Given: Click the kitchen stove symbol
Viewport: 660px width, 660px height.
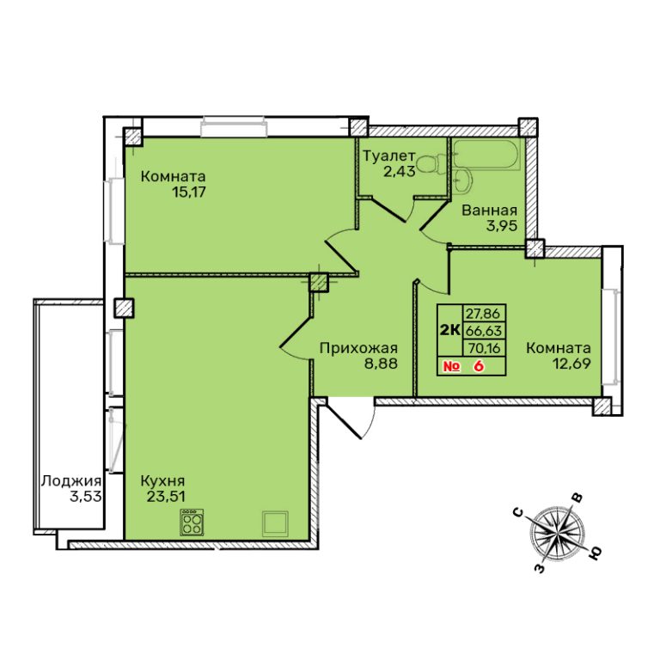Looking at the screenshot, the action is point(192,522).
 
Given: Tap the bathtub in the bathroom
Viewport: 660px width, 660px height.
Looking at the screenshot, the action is point(487,155).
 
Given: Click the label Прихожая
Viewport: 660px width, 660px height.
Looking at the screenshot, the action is point(358,348).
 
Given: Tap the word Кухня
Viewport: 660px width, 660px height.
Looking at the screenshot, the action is point(162,480).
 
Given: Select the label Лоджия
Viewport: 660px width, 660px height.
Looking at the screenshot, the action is point(71,481).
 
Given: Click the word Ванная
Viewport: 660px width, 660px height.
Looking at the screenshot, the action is point(490,210).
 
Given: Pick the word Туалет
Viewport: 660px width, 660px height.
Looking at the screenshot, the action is point(389,156).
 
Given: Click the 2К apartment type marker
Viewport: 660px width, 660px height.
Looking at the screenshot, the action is point(449,330).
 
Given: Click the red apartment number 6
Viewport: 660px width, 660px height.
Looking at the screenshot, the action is point(478,366).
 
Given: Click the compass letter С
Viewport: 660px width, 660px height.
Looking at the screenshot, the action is point(518,512).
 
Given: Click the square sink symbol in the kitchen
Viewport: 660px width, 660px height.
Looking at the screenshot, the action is point(275,523).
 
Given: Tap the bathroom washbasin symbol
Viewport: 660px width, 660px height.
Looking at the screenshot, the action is point(463,182).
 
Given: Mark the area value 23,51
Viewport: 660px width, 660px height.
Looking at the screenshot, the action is point(166,496).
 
